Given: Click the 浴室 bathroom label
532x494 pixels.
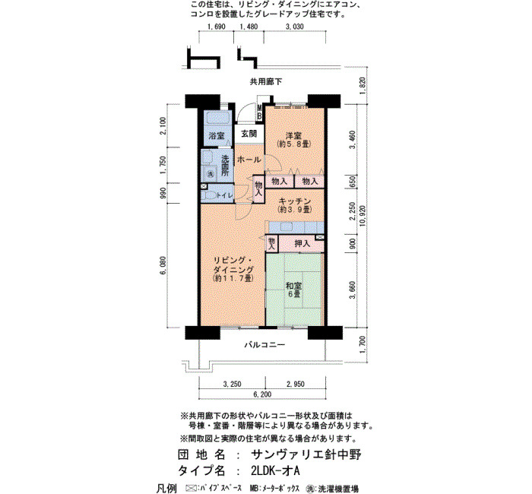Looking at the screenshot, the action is (x=216, y=136).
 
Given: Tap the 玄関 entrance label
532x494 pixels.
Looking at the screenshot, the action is (x=249, y=134).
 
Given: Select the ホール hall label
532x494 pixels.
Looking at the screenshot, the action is (x=249, y=160).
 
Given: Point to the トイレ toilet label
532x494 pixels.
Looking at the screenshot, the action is (x=225, y=195).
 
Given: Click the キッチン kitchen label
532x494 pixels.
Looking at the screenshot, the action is (x=294, y=201).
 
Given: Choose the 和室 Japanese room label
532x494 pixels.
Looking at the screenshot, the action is (x=294, y=286).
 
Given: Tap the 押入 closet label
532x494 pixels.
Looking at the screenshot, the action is (x=302, y=243).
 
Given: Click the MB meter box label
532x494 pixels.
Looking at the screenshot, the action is (x=259, y=112).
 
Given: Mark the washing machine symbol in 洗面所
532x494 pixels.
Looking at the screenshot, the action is (x=211, y=174).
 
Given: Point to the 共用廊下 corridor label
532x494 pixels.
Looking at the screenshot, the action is (x=266, y=82).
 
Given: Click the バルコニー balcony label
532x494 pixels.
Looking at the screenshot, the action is (x=265, y=345).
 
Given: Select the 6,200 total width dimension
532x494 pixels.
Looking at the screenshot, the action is (x=263, y=394).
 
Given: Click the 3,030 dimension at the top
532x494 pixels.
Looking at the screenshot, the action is (x=295, y=27).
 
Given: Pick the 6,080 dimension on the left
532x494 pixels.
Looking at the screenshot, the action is (x=163, y=266).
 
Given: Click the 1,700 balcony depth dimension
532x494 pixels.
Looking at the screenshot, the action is (x=363, y=344).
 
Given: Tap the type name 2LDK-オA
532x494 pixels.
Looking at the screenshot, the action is (x=275, y=470).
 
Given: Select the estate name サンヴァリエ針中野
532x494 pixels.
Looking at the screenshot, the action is (x=306, y=454).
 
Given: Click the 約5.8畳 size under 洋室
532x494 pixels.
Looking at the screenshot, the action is (x=294, y=144).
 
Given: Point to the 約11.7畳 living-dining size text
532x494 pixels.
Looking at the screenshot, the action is (x=233, y=278).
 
